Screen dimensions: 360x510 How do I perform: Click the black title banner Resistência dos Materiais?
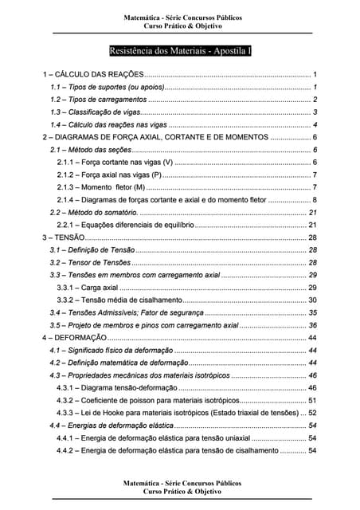(179, 49)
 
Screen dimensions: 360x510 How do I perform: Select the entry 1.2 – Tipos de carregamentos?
(98, 100)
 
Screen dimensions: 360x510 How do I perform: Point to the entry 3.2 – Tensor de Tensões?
(90, 262)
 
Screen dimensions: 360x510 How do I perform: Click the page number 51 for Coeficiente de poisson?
(313, 401)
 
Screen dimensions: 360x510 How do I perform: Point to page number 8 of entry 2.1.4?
(315, 200)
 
